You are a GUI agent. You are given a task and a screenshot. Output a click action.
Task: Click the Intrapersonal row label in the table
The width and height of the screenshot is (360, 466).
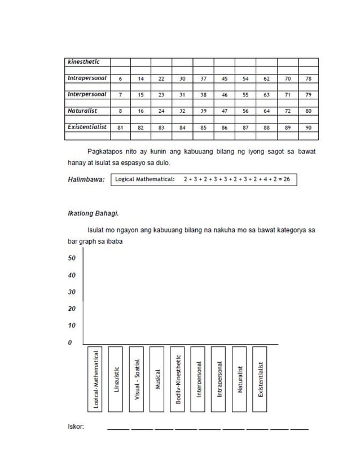coord(87,78)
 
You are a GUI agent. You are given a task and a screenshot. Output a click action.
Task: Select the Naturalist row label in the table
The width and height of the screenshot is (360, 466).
coord(84,111)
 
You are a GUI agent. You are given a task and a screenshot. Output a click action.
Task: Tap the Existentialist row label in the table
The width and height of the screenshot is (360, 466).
coord(87,128)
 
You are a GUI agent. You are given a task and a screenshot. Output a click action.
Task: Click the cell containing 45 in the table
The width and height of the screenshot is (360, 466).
coord(225,79)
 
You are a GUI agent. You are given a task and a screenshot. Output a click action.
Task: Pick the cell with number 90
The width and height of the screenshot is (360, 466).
coord(308,128)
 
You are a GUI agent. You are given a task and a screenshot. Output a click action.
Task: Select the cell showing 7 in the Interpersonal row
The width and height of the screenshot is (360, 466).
coord(120,95)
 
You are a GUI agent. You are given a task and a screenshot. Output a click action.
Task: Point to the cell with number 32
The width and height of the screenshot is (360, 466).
coord(182,112)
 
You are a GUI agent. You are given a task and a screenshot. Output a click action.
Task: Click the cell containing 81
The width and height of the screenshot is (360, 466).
coord(120,128)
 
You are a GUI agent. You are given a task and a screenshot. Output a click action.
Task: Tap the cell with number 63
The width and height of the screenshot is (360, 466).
coord(266,95)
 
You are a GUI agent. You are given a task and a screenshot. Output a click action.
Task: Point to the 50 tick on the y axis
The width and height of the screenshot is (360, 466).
coord(72,258)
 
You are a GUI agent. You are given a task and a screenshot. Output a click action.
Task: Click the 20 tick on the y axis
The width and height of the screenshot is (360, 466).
coord(72,309)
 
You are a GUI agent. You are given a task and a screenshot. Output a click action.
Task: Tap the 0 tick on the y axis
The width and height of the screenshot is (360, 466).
coord(70,342)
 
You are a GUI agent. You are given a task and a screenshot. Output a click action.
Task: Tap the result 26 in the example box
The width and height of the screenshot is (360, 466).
coord(287,179)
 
